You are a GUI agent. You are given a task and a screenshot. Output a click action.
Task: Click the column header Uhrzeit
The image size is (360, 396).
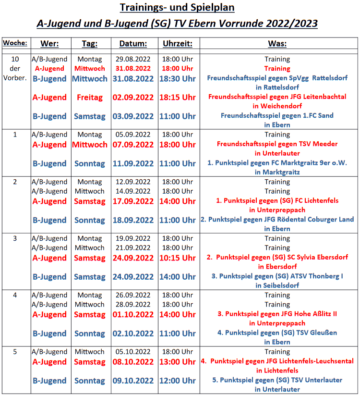pyautogui.click(x=178, y=44)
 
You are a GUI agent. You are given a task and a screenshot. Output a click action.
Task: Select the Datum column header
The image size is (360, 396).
pyautogui.click(x=133, y=44)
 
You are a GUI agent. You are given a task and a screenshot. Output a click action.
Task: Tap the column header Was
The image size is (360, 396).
pyautogui.click(x=277, y=44)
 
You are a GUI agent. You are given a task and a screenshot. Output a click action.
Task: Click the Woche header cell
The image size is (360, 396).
pyautogui.click(x=15, y=43)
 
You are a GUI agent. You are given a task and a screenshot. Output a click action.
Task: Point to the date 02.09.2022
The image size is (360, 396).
pyautogui.click(x=133, y=97)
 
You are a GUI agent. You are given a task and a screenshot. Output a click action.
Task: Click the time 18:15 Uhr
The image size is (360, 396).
pyautogui.click(x=178, y=97)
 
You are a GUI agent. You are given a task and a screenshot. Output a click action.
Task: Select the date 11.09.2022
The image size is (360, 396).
pyautogui.click(x=133, y=163)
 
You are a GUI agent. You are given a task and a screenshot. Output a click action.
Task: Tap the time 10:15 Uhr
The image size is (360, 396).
pyautogui.click(x=178, y=258)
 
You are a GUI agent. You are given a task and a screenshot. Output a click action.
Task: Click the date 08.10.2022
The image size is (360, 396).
pyautogui.click(x=133, y=362)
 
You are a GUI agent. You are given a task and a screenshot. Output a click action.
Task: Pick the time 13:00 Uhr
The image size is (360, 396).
pyautogui.click(x=178, y=362)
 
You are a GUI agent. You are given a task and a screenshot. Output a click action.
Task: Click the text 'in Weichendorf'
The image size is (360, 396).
pyautogui.click(x=277, y=106)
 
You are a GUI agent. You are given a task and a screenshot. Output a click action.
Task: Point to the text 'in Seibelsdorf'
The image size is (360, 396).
pyautogui.click(x=277, y=285)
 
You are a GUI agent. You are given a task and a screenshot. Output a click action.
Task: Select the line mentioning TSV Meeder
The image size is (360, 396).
pyautogui.click(x=277, y=144)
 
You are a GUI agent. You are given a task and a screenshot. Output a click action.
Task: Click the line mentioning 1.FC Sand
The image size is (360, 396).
pyautogui.click(x=277, y=116)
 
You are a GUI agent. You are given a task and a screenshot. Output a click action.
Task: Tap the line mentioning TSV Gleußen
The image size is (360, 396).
pyautogui.click(x=277, y=333)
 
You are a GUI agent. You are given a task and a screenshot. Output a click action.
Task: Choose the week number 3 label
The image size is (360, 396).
pyautogui.click(x=15, y=238)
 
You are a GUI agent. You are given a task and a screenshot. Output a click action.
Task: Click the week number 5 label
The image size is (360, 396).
pyautogui.click(x=15, y=352)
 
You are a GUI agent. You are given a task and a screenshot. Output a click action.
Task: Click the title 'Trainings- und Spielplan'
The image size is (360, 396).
pyautogui.click(x=177, y=8)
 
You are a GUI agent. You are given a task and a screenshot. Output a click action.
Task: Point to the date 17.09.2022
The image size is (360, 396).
pyautogui.click(x=133, y=201)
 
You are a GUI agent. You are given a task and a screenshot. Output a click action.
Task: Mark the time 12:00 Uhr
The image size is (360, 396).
pyautogui.click(x=178, y=381)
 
